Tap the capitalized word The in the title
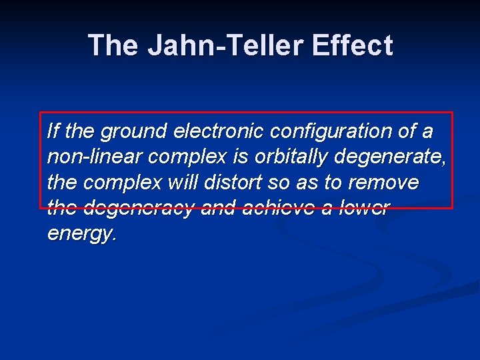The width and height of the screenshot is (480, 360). [113, 45]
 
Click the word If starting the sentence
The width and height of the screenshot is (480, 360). [53, 131]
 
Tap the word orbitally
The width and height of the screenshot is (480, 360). [291, 157]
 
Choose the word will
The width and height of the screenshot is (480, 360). [181, 182]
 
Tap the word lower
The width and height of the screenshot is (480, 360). [364, 207]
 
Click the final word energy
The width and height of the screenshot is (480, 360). [82, 234]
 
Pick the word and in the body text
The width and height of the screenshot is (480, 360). [218, 207]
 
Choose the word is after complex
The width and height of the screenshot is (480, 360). [240, 157]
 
